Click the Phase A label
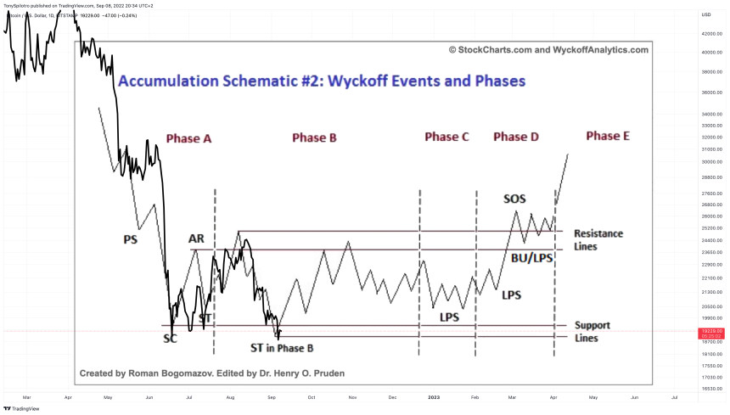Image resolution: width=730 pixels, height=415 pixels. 188,139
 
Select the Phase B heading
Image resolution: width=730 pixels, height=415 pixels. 314,137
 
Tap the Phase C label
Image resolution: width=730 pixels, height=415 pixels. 446,137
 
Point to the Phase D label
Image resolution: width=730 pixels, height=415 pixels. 516,137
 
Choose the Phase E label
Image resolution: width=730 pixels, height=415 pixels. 607,136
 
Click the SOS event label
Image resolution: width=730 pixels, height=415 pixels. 514,199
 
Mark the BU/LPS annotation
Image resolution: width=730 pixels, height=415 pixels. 532,257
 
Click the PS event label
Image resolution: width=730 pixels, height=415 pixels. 131,240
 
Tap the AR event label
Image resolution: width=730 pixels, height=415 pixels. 196,239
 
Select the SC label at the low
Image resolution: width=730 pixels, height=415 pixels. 171,339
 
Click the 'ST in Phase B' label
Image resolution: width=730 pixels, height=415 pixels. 282,348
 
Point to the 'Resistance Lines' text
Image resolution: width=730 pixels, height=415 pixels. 598,240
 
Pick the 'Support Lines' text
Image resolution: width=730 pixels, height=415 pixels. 592,332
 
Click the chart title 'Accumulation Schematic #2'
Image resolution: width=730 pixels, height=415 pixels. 322,81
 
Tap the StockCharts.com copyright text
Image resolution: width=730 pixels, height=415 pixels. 548,50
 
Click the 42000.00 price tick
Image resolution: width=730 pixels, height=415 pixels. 710,34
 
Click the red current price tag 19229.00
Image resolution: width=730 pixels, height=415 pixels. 710,331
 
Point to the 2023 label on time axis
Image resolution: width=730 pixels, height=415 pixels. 434,397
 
